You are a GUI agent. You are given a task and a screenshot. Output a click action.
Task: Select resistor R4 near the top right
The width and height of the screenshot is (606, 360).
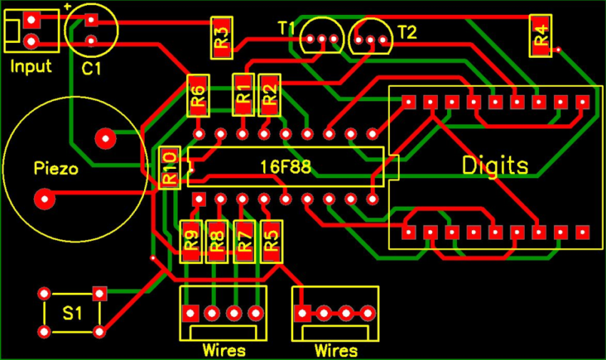pos(541,36)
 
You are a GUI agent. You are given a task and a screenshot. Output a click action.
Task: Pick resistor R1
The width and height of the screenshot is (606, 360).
pos(243,94)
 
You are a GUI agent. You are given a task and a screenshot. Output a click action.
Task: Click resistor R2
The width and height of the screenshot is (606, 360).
pos(269,94)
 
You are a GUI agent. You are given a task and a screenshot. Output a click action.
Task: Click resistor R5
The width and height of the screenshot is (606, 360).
pos(270,241)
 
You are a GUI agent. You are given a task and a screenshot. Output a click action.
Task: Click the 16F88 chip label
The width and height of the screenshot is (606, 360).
pos(285,167)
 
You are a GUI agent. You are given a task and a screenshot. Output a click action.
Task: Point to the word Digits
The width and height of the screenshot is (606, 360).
pos(495,166)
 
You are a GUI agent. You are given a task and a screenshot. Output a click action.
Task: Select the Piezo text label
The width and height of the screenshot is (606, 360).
pos(55,170)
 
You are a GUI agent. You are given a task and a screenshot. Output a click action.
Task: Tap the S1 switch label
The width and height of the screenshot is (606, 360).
pos(72,313)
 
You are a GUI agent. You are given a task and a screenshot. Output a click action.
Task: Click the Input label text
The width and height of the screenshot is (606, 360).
pos(31,67)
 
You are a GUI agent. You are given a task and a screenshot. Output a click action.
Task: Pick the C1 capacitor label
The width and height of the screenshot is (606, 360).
pos(91,69)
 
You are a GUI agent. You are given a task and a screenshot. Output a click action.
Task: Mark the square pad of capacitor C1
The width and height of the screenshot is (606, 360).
pos(91,20)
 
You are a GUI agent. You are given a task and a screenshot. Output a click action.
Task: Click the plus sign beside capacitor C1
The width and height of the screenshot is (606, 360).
pos(67,6)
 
